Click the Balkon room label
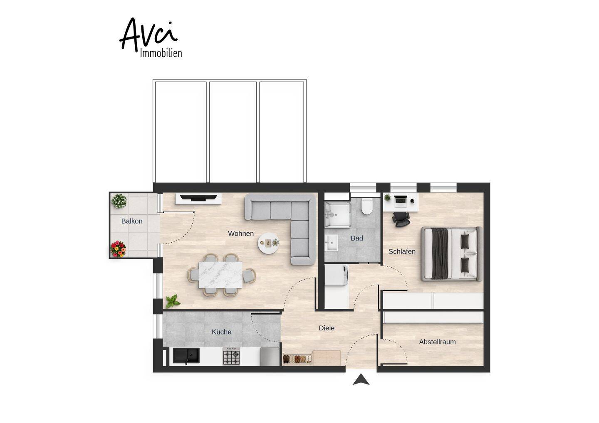click(132, 221)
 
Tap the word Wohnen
click(241, 234)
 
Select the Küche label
click(221, 332)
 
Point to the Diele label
click(327, 328)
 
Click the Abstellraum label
click(437, 342)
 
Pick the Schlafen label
click(402, 251)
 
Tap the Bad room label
click(357, 238)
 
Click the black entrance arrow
click(361, 379)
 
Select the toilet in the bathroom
click(366, 207)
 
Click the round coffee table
click(268, 243)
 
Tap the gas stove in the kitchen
click(231, 357)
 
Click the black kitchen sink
click(186, 356)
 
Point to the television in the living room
click(198, 198)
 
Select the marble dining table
click(220, 275)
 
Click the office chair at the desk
click(401, 219)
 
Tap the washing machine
click(337, 275)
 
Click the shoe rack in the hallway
click(297, 359)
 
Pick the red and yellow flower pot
click(118, 249)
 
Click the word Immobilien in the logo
click(161, 53)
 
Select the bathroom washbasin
click(331, 243)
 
